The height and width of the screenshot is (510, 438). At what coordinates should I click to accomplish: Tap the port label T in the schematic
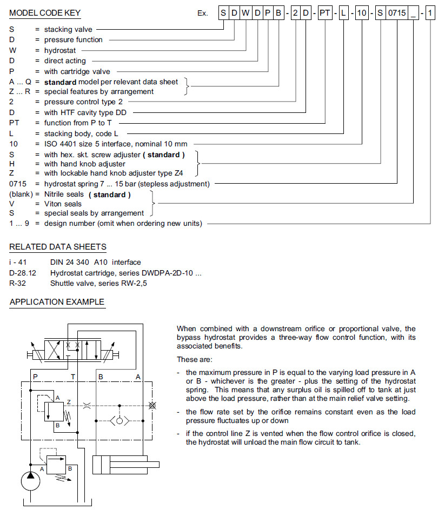point(74,375)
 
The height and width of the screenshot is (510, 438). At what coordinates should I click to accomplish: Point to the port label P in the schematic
point(35,375)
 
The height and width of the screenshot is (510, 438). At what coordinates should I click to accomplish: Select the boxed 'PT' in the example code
point(325,12)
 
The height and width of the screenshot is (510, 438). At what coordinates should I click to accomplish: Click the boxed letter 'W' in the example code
point(245,12)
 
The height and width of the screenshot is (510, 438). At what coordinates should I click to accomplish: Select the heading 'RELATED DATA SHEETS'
point(58,247)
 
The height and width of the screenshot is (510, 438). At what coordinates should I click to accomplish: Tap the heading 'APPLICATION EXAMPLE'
point(57,302)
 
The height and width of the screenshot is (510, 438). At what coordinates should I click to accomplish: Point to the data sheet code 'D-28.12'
point(23,273)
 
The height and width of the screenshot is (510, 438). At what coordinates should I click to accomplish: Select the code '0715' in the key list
point(18,184)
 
